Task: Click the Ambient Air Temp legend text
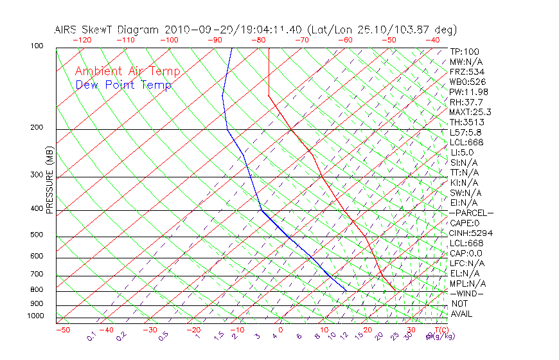tap(127, 71)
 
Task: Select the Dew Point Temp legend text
tap(123, 85)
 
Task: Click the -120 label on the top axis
tap(82, 40)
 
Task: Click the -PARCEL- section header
tap(471, 213)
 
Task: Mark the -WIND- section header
tap(467, 293)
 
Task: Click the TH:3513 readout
tap(466, 122)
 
